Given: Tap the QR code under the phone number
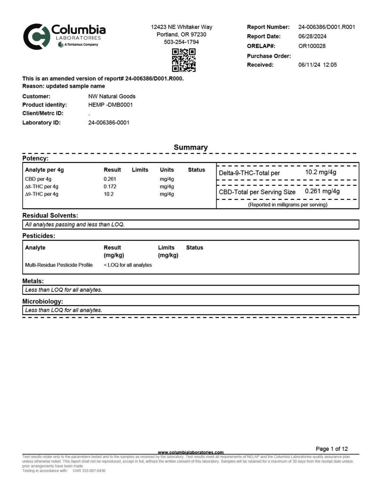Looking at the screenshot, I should (x=184, y=60).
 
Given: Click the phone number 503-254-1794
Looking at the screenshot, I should (x=181, y=42).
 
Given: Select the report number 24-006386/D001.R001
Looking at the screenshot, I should (x=326, y=27).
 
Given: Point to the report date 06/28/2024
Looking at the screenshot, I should (x=312, y=36).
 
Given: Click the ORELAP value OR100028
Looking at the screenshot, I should (x=312, y=46).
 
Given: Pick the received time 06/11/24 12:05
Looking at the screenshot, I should (x=317, y=65).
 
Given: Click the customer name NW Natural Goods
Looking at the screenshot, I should (x=112, y=96).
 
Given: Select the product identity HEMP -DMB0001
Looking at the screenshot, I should (x=110, y=105).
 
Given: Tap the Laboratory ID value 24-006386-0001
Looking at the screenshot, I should (x=109, y=123).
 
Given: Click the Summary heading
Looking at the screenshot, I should (x=191, y=147).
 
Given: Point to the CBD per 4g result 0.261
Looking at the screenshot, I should (x=110, y=179).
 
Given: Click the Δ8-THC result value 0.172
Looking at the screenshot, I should (x=110, y=186).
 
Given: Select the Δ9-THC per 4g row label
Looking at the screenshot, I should (x=42, y=194).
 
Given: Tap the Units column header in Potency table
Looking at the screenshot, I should (x=167, y=170).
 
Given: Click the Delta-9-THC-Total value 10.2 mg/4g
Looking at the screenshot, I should (x=321, y=172).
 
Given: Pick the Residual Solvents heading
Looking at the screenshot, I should (x=50, y=215).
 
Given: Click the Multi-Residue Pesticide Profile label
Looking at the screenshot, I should (x=59, y=265).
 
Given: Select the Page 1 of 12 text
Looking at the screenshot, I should (x=331, y=449).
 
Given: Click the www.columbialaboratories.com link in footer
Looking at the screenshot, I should (x=191, y=452).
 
